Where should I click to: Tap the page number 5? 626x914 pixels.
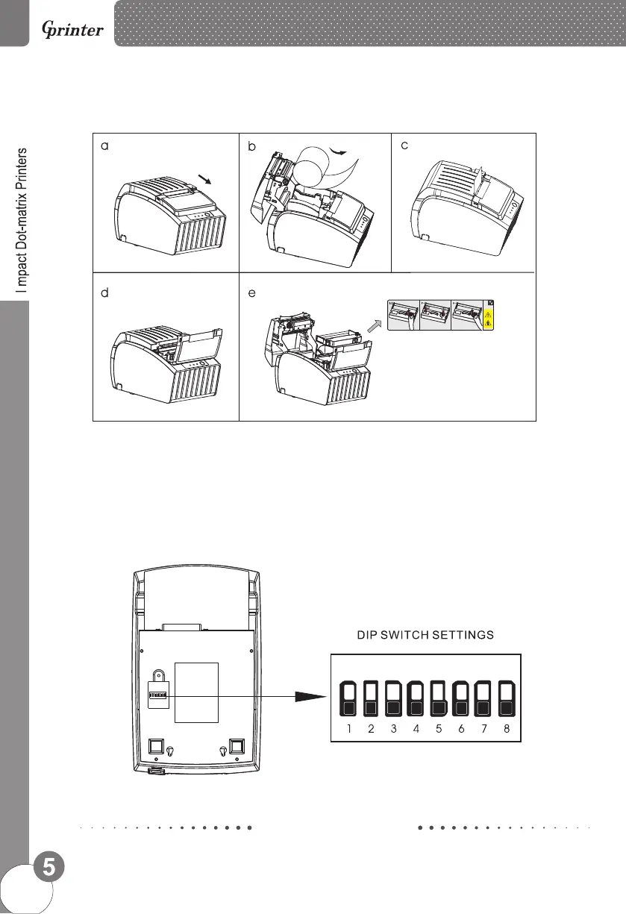click(x=48, y=868)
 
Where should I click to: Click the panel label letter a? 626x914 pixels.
click(x=105, y=147)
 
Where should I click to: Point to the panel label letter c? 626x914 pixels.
click(x=404, y=146)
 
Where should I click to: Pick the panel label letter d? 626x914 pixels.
click(x=105, y=294)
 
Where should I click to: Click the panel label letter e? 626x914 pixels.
click(x=252, y=294)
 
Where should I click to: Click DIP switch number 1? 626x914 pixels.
click(x=348, y=700)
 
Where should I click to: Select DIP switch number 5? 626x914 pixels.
click(x=439, y=700)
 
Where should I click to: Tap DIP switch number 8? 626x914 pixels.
click(x=507, y=700)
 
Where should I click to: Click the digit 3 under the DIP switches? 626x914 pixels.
click(x=393, y=729)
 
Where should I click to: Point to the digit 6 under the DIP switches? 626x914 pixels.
click(x=461, y=729)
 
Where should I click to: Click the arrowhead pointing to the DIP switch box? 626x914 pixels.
click(x=311, y=695)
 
